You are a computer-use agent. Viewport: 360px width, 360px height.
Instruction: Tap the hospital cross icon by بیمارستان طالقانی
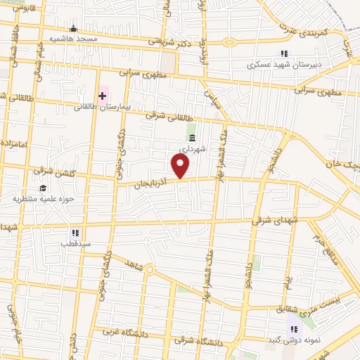(x=102, y=95)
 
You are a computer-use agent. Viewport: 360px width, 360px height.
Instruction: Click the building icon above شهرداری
(x=192, y=137)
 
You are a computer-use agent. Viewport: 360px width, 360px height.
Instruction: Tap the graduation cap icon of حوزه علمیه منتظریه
(x=43, y=188)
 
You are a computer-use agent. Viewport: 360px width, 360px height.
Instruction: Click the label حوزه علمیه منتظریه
(x=44, y=199)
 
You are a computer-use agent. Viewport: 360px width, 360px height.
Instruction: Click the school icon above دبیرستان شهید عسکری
(x=284, y=53)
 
